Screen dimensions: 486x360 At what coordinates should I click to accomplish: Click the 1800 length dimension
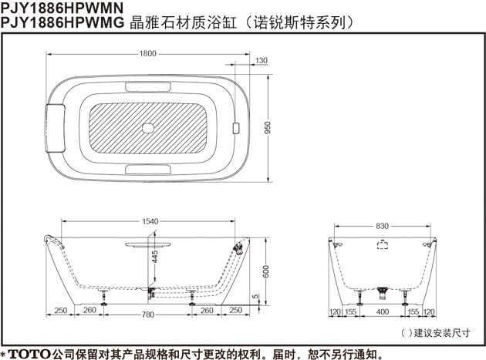[x=148, y=54]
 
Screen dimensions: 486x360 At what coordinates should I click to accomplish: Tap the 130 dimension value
[x=261, y=60]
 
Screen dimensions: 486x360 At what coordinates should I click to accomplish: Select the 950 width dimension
[x=268, y=128]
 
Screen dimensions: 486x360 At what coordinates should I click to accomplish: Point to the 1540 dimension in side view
[x=150, y=221]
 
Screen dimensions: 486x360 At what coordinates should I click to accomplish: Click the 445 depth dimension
[x=154, y=257]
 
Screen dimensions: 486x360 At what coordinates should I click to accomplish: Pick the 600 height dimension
[x=266, y=271]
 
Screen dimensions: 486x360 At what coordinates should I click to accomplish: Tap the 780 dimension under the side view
[x=148, y=315]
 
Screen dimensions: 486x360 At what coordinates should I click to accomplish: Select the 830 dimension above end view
[x=382, y=226]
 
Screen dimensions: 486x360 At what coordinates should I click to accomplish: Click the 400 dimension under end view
[x=383, y=311]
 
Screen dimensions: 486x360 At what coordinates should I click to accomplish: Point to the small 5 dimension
[x=255, y=297]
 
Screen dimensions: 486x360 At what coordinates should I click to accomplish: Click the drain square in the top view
[x=148, y=128]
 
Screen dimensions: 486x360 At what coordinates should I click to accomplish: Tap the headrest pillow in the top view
[x=56, y=129]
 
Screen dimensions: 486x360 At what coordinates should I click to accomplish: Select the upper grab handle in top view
[x=148, y=87]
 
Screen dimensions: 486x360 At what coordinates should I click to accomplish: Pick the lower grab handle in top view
[x=148, y=170]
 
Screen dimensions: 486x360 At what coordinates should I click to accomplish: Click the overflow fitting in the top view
[x=236, y=128]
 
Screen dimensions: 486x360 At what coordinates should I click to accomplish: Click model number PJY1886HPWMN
[x=62, y=8]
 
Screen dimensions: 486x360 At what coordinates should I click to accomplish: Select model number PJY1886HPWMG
[x=62, y=22]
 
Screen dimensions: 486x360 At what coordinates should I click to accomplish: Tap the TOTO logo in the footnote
[x=29, y=354]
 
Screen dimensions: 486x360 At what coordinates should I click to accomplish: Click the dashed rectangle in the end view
[x=383, y=245]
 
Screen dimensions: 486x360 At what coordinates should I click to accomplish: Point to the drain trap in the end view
[x=382, y=293]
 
